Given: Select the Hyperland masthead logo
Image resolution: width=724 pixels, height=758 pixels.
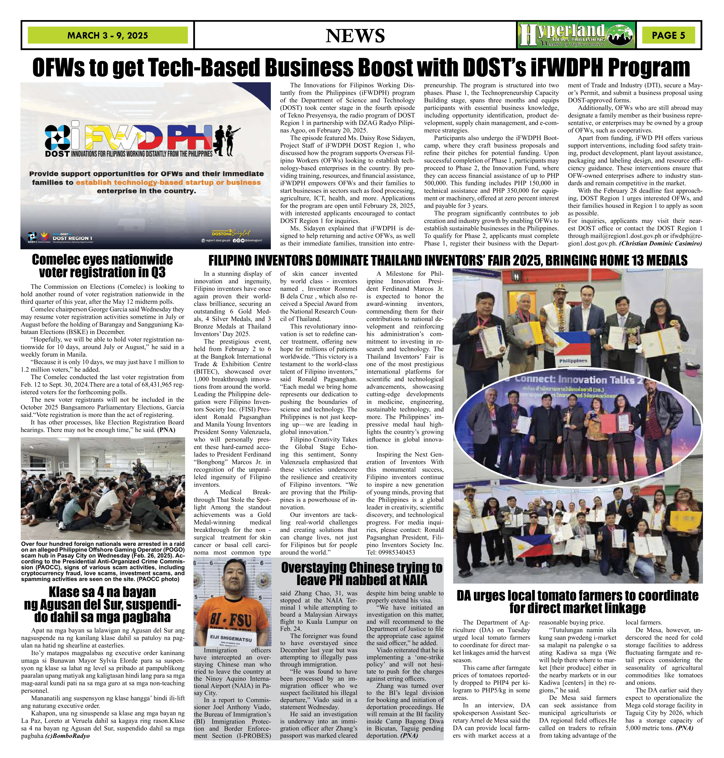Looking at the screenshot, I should pyautogui.click(x=576, y=35).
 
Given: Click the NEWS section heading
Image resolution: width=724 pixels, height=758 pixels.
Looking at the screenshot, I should pyautogui.click(x=355, y=36).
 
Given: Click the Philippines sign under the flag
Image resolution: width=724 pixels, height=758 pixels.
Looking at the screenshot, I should pyautogui.click(x=574, y=361).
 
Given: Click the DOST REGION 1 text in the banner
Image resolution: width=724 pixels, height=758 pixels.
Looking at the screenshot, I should pyautogui.click(x=72, y=238).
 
